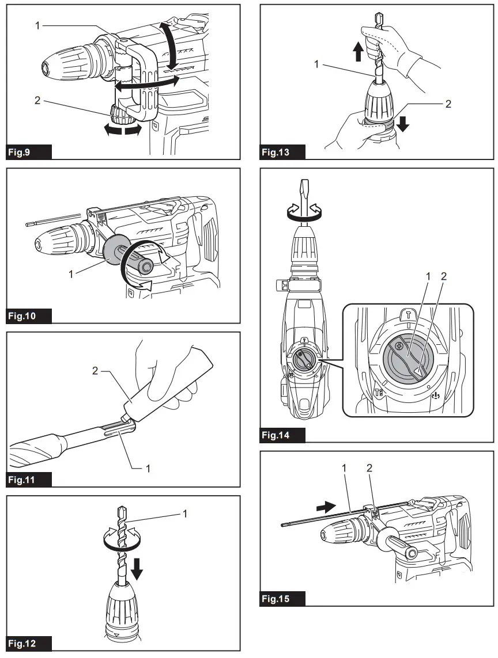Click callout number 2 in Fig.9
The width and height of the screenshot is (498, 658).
coord(37,100)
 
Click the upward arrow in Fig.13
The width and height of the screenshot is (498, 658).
coord(358,53)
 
